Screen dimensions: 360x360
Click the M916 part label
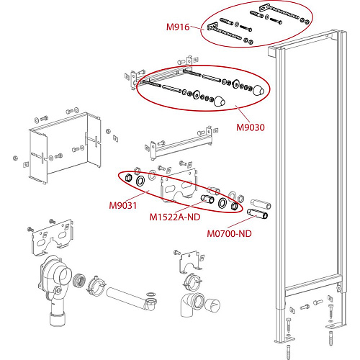[177, 27]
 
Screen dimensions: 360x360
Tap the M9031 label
[123, 205]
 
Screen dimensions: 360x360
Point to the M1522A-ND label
[174, 216]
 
